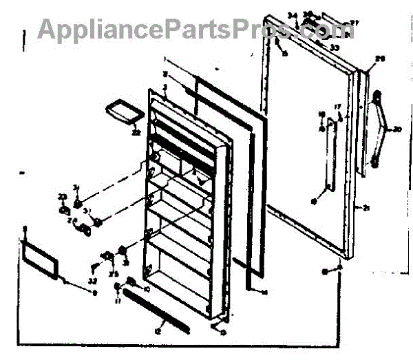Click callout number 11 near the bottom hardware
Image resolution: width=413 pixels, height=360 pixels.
[x=118, y=300]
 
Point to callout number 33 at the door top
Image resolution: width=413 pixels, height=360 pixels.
[x=335, y=47]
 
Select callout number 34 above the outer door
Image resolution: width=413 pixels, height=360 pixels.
[x=291, y=15]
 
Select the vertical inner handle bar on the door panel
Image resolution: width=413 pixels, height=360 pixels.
[x=329, y=158]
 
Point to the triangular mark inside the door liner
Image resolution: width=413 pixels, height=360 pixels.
[x=200, y=178]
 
